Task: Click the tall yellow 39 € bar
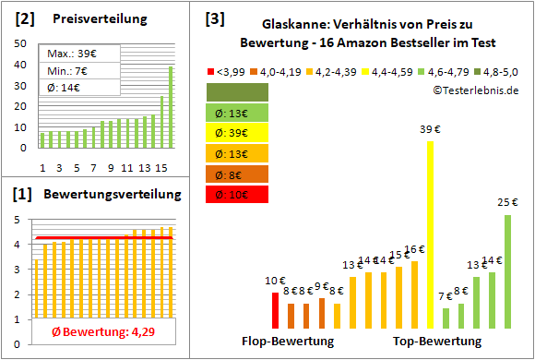click(430, 234)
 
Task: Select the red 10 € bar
click(275, 310)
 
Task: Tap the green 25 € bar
click(507, 271)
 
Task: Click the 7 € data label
click(445, 296)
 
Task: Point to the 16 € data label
click(414, 249)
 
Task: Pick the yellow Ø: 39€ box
click(238, 132)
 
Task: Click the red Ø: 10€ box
click(238, 195)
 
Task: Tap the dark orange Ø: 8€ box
click(238, 174)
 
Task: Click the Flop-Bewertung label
click(288, 342)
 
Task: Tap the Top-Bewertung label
click(437, 342)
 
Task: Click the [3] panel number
click(215, 18)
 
